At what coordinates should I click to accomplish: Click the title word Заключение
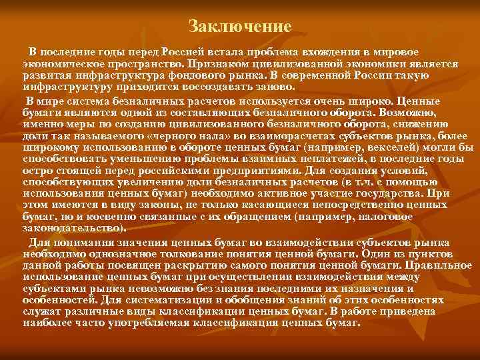pos(240,27)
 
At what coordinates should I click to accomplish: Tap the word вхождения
pos(332,52)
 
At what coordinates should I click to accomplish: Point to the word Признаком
pos(215,63)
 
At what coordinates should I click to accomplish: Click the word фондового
pos(211,75)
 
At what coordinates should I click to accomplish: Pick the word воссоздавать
pos(221,87)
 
